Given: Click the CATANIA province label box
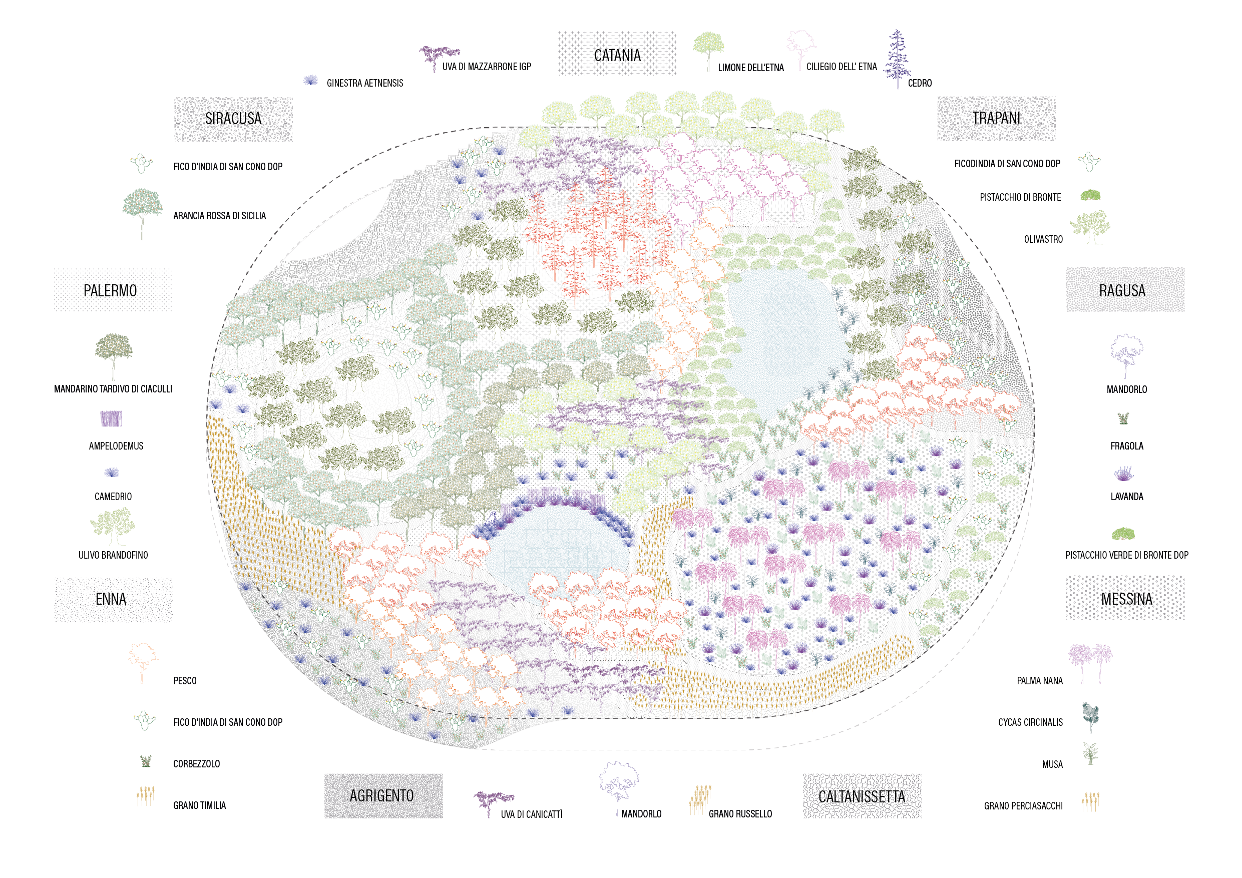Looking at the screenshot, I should click(x=617, y=54).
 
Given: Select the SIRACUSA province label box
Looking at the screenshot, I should click(x=233, y=119).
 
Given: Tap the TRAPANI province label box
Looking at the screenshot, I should click(x=996, y=119).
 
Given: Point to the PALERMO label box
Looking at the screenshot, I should click(x=113, y=290).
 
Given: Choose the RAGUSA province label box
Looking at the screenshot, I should click(x=1125, y=290).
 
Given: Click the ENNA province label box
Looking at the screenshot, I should click(x=113, y=599).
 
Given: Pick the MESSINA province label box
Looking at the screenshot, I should click(x=1125, y=598).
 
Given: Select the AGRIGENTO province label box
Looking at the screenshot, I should click(x=383, y=795).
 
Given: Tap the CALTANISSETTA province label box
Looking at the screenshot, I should click(x=862, y=796).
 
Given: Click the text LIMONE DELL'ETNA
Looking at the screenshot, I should click(x=750, y=68).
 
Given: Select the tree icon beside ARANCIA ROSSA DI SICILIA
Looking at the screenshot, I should click(x=142, y=213).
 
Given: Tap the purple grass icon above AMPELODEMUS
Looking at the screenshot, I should click(x=112, y=418).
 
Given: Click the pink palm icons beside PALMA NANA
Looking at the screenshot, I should click(x=1089, y=663).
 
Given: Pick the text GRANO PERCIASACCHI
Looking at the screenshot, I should click(x=1023, y=806).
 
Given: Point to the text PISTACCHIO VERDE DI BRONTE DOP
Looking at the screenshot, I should click(x=1126, y=555).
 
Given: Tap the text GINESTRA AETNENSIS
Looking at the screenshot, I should click(x=364, y=83).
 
